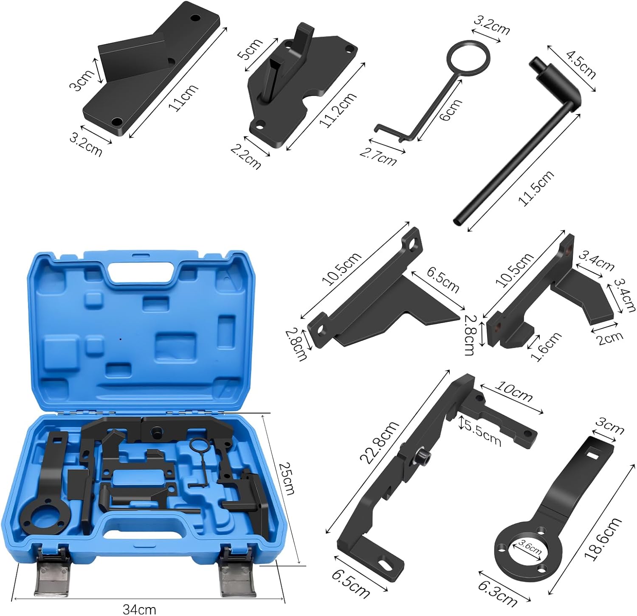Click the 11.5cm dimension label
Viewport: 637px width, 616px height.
[x=537, y=188]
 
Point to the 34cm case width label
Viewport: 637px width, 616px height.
[x=139, y=610]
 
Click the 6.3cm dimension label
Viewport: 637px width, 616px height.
[x=498, y=593]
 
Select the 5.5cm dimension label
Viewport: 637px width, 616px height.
[x=482, y=433]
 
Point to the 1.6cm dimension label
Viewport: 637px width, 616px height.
[x=546, y=347]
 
